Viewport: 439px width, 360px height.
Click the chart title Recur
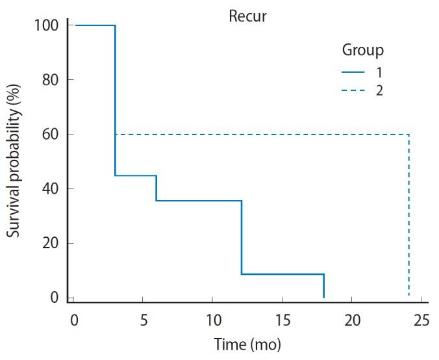point(247,16)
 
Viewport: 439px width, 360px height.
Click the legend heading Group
point(362,50)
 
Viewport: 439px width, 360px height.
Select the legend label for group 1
point(379,72)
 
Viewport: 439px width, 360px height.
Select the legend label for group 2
point(379,90)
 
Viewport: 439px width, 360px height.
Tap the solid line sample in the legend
point(353,72)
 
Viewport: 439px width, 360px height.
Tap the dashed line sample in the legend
point(353,90)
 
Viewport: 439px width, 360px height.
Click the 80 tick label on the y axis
point(49,80)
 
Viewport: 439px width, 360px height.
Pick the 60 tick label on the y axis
point(49,135)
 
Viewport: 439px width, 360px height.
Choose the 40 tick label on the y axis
point(49,189)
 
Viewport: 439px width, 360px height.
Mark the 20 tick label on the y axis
point(49,244)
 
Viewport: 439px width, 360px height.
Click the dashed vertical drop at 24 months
point(408,214)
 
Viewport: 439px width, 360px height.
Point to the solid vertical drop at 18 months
point(323,286)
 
